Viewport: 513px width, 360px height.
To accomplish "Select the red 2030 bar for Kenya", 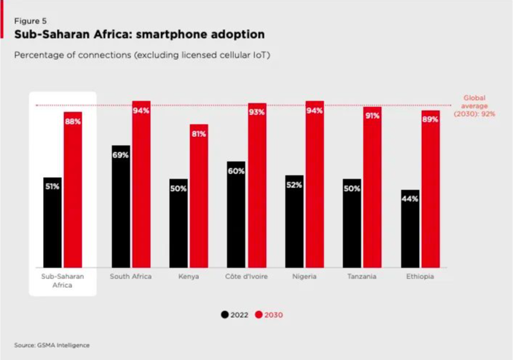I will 199,197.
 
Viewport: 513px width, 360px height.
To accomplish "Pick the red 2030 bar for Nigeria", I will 315,186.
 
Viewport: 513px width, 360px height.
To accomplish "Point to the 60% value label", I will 237,172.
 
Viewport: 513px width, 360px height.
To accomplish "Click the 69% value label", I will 121,155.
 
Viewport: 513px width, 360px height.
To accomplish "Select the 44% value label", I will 410,199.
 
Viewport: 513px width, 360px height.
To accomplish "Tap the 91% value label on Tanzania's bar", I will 372,116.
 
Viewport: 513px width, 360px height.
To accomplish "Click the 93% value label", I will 256,112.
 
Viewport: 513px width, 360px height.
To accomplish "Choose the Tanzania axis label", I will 362,277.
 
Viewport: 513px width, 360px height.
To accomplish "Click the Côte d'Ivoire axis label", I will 246,277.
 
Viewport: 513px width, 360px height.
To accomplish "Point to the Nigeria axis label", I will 305,277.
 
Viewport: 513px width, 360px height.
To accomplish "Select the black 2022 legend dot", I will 225,315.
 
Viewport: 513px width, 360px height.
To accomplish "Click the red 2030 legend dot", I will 259,315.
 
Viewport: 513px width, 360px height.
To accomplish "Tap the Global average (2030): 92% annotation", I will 474,106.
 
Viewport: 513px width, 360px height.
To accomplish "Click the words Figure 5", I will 27,21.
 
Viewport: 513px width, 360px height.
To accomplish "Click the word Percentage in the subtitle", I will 39,55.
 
